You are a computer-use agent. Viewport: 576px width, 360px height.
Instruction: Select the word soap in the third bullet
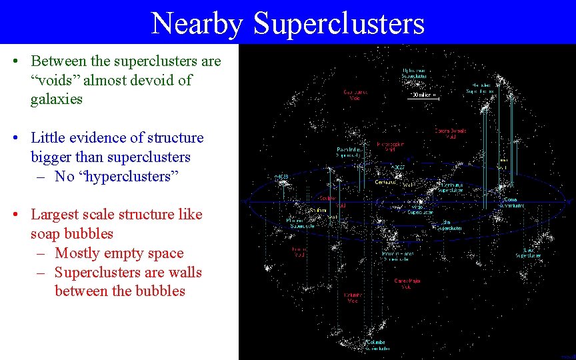[45, 234]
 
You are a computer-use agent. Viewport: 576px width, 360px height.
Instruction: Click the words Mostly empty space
[119, 253]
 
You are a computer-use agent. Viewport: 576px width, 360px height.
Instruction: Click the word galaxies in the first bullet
[56, 99]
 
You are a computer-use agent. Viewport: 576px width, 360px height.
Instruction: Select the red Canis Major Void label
[407, 283]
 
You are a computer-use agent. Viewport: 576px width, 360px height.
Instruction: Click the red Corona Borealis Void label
[450, 133]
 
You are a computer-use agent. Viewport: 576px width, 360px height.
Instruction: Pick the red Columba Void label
[353, 297]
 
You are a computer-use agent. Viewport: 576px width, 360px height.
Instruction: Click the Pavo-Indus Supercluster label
[349, 152]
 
